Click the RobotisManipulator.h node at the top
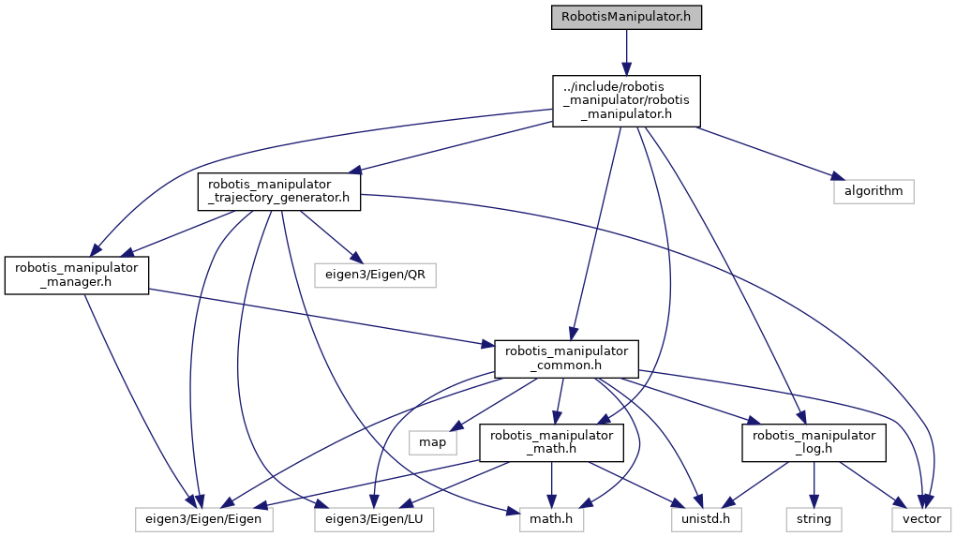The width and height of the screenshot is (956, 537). coord(626,18)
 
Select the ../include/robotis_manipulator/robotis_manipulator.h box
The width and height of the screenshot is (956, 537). coord(626,100)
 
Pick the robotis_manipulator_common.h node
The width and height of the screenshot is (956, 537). coord(566,359)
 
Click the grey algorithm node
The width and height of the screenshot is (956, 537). coord(873,191)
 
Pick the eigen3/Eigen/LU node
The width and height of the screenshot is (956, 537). coord(374,517)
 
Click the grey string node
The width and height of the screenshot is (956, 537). coord(814,517)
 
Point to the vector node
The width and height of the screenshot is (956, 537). coord(920,517)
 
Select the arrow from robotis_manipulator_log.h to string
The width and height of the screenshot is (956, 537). coord(814,484)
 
